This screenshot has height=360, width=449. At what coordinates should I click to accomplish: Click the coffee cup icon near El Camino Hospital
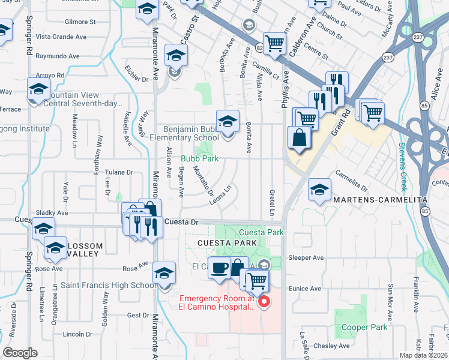[x=219, y=268]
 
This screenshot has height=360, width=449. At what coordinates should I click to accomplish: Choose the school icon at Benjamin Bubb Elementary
[x=228, y=122]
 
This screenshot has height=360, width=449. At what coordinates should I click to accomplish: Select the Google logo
[x=20, y=353]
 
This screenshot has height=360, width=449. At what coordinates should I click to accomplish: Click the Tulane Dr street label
[x=119, y=172]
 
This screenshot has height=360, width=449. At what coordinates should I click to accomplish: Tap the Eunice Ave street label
[x=306, y=289]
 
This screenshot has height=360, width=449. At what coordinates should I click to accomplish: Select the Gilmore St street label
[x=80, y=22]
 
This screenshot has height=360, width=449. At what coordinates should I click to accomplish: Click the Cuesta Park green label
[x=261, y=232]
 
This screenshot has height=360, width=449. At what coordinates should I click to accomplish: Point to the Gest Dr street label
[x=137, y=315]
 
